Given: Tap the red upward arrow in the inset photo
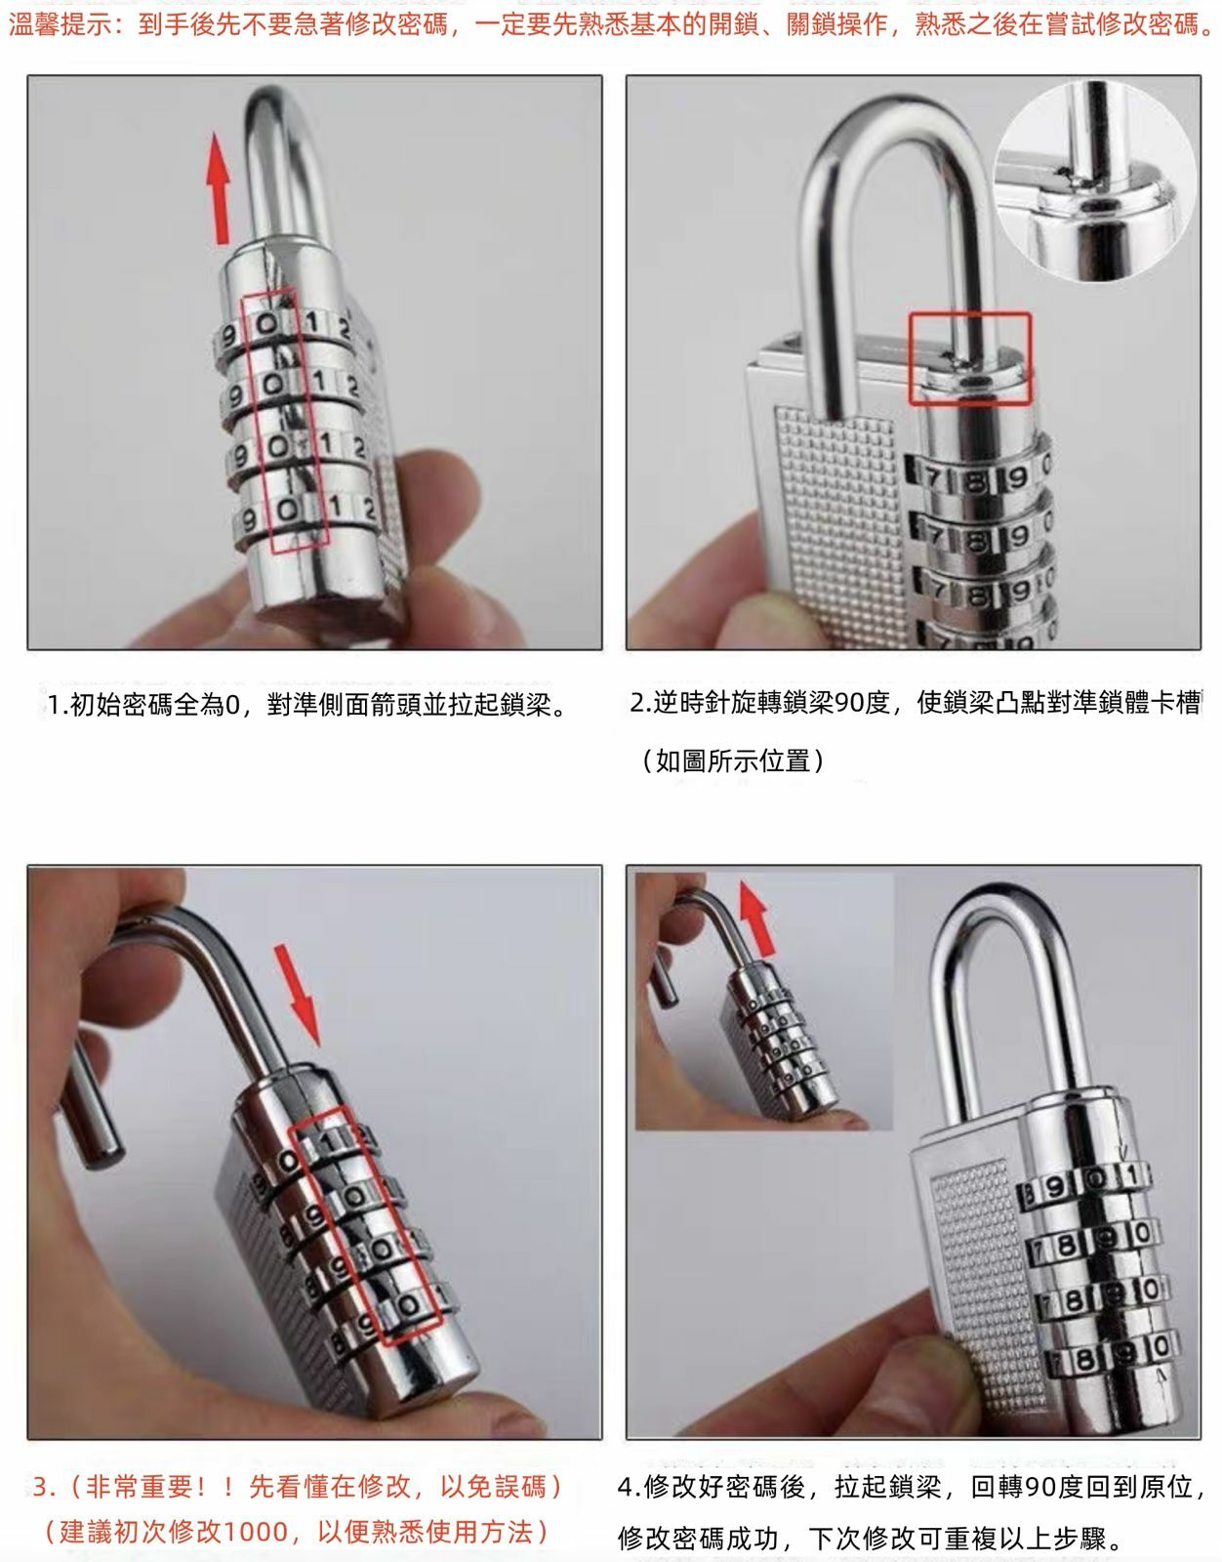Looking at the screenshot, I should (x=756, y=917).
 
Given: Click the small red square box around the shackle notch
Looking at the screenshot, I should (x=969, y=357).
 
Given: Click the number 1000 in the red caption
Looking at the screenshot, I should (x=255, y=1531).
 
